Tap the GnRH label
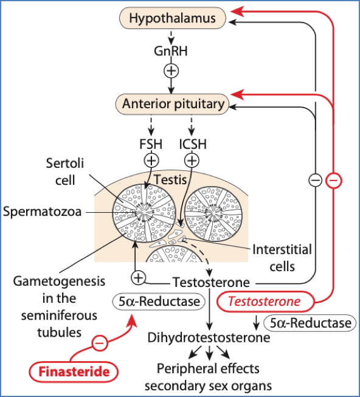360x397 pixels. (171, 50)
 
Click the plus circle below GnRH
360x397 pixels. (171, 71)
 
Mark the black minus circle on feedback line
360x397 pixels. (314, 180)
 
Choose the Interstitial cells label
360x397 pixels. (281, 258)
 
